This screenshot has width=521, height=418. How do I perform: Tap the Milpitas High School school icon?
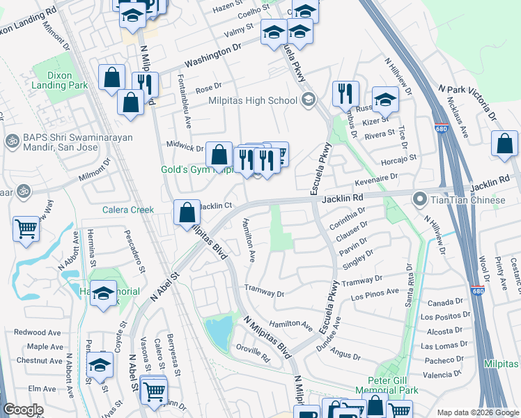coord(307,100)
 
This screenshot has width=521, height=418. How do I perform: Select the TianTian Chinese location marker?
coord(420,200)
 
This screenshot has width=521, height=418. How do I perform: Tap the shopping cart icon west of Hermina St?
coord(26,228)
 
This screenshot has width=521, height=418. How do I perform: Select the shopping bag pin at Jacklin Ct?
coord(187,212)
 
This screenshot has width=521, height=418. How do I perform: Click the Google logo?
coord(23,410)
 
